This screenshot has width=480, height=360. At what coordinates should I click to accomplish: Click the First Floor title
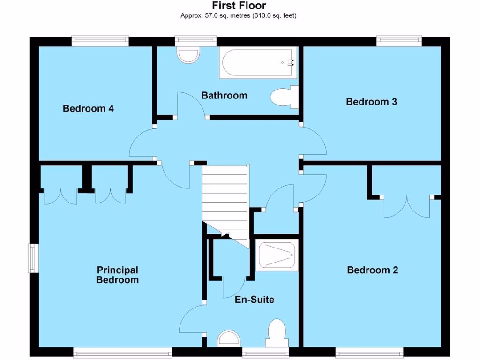239,6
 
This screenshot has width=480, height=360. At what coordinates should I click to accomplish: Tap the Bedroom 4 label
88,109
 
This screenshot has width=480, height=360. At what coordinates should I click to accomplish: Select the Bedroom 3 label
371,102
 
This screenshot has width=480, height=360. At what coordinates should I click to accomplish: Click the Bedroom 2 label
372,270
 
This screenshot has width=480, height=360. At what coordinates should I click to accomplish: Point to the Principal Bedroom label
117,275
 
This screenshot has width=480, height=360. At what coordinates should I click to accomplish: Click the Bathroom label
224,96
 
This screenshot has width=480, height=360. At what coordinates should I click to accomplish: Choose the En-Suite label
255,300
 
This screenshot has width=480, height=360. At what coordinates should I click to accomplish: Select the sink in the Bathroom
189,54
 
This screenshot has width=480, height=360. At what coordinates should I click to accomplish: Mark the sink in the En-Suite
230,338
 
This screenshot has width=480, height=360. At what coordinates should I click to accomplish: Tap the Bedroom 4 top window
100,41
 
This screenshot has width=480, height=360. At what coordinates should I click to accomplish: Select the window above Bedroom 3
399,41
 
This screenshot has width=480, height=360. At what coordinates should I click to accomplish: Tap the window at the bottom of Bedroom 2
369,352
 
